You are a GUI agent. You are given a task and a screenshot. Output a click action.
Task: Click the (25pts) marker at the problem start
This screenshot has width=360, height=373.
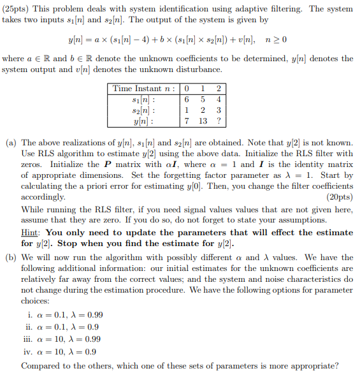pos(18,9)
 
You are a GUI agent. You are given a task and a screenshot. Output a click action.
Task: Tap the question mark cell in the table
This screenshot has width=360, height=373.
pos(219,121)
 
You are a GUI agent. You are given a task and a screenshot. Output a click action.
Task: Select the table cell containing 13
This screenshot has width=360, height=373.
pos(203,121)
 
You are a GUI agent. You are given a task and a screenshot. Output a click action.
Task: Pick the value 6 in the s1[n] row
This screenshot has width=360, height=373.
pos(186,99)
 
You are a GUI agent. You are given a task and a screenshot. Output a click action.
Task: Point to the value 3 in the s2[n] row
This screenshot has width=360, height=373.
pos(219,110)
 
